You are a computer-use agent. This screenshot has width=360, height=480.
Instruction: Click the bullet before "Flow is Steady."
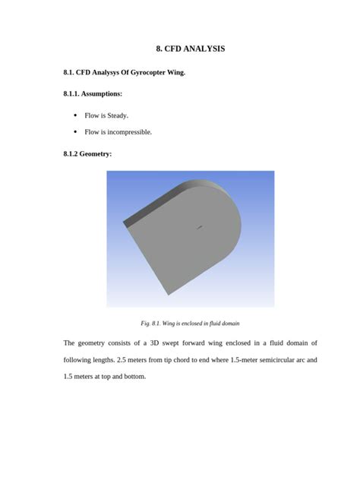[x=74, y=115]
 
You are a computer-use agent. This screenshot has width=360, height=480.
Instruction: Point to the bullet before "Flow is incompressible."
[x=74, y=132]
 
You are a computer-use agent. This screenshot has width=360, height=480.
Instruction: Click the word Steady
[x=118, y=115]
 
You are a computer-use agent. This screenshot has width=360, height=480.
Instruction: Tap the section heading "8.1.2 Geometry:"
[x=87, y=153]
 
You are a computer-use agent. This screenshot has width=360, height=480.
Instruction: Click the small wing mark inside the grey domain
[x=200, y=226]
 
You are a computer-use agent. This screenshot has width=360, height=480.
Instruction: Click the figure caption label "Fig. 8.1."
[x=144, y=323]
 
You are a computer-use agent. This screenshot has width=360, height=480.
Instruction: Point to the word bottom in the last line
[x=135, y=376]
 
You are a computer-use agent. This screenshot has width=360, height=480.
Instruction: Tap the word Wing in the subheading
[x=175, y=73]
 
